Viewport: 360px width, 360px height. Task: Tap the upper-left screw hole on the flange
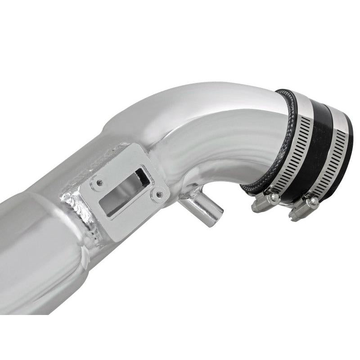pos(100,183)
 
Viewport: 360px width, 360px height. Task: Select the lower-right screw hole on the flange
pos(158,195)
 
